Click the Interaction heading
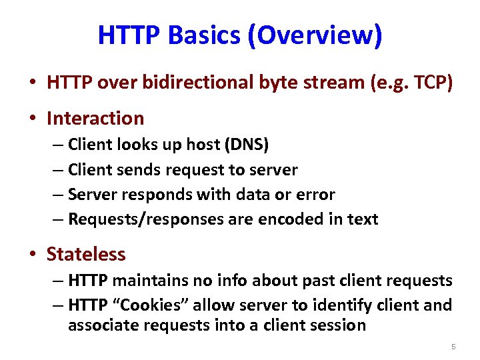(x=95, y=119)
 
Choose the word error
(x=315, y=195)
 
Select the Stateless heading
(x=86, y=254)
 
